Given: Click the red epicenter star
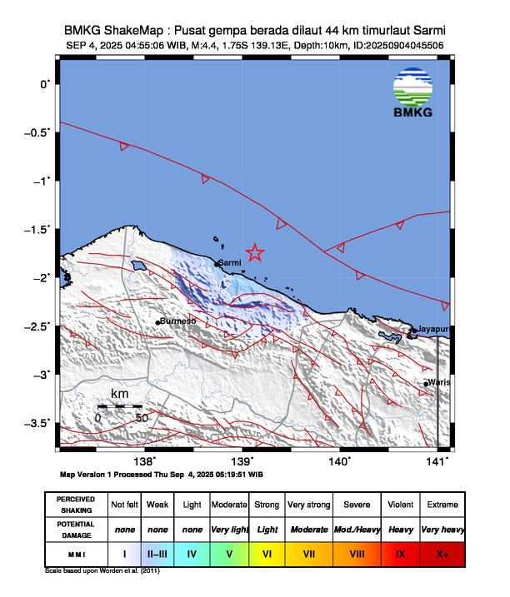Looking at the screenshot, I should (255, 252).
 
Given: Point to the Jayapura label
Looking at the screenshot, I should (434, 329).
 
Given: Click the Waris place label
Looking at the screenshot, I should (439, 382).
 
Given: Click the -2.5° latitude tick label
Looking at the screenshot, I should (38, 326).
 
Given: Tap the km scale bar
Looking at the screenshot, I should (120, 406).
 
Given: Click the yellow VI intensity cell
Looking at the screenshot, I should (267, 551).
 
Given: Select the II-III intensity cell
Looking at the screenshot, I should (157, 551).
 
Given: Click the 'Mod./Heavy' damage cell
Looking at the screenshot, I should (355, 529).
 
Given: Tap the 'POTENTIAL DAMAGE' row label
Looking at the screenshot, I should (75, 529).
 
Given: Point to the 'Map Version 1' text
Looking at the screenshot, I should (92, 474).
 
